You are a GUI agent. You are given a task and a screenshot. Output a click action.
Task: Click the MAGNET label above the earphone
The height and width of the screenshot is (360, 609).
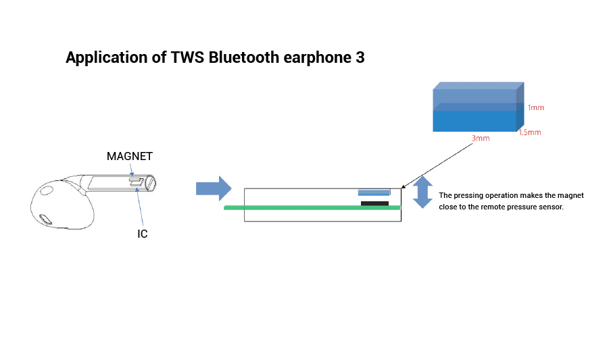pyautogui.click(x=130, y=156)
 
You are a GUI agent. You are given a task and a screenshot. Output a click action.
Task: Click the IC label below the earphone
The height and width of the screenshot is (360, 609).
pyautogui.click(x=143, y=234)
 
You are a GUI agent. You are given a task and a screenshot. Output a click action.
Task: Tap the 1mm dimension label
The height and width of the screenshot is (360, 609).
pyautogui.click(x=535, y=107)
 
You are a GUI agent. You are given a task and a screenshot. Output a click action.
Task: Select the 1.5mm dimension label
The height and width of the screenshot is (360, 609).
pyautogui.click(x=530, y=132)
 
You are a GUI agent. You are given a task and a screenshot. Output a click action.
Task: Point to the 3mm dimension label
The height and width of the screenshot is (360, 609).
pyautogui.click(x=481, y=138)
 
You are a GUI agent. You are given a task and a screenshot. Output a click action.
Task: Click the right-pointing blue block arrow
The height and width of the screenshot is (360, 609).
pyautogui.click(x=214, y=188)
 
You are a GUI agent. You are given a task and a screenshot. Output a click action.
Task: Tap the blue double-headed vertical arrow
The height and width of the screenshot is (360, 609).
pyautogui.click(x=422, y=192)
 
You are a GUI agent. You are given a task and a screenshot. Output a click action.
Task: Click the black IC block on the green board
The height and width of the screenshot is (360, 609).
pyautogui.click(x=375, y=204)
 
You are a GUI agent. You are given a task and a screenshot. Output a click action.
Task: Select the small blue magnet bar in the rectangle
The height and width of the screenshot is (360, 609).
pyautogui.click(x=374, y=192)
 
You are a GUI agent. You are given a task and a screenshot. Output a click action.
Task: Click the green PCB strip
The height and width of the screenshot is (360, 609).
pyautogui.click(x=312, y=208)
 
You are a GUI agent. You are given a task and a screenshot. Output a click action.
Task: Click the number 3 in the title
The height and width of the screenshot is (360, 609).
pyautogui.click(x=360, y=57)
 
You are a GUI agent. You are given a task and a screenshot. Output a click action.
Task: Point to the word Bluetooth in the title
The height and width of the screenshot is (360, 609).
pyautogui.click(x=243, y=57)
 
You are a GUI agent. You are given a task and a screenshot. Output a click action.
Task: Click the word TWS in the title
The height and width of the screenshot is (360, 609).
pyautogui.click(x=187, y=57)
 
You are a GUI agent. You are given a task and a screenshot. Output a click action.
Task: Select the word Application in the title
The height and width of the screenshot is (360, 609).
pyautogui.click(x=107, y=58)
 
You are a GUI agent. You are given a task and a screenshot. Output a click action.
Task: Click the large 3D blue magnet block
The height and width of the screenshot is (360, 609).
pyautogui.click(x=479, y=107)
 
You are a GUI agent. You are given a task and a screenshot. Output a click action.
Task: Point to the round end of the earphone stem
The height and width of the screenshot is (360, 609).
pyautogui.click(x=151, y=184)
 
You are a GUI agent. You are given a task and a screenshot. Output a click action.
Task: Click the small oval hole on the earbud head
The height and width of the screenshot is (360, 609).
pyautogui.click(x=47, y=190)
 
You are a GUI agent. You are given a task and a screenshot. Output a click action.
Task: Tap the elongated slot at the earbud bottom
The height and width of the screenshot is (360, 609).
pyautogui.click(x=45, y=220)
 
